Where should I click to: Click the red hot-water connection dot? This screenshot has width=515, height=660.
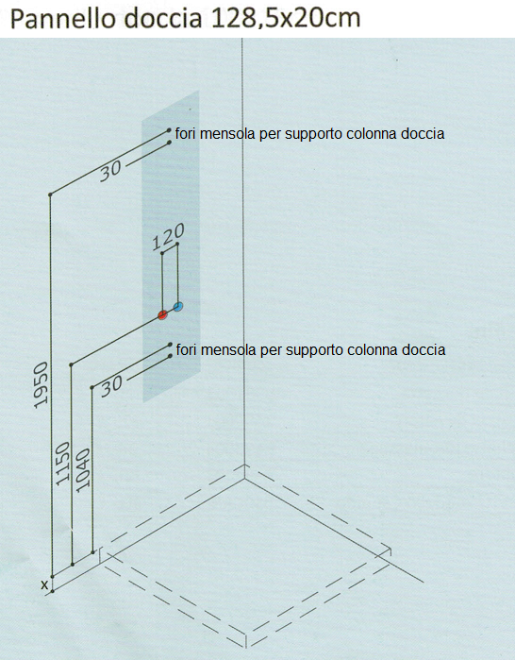162,314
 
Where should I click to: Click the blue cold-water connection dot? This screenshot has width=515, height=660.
178,307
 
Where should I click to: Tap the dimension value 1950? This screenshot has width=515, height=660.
42,384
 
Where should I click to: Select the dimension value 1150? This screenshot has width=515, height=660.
63,464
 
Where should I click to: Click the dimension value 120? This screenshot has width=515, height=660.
168,237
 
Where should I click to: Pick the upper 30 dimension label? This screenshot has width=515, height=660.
110,171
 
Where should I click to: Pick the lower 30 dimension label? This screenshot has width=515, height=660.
112,386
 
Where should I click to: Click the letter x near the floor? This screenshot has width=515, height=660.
44,584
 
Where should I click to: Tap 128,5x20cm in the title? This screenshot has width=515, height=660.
285,20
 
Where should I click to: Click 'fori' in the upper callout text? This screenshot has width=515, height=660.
186,134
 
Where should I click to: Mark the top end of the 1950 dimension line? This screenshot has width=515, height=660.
50,195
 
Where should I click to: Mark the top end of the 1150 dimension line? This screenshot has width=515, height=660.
72,364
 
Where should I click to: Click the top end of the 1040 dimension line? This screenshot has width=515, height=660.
92,387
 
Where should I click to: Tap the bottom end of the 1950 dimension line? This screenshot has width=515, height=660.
53,577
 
